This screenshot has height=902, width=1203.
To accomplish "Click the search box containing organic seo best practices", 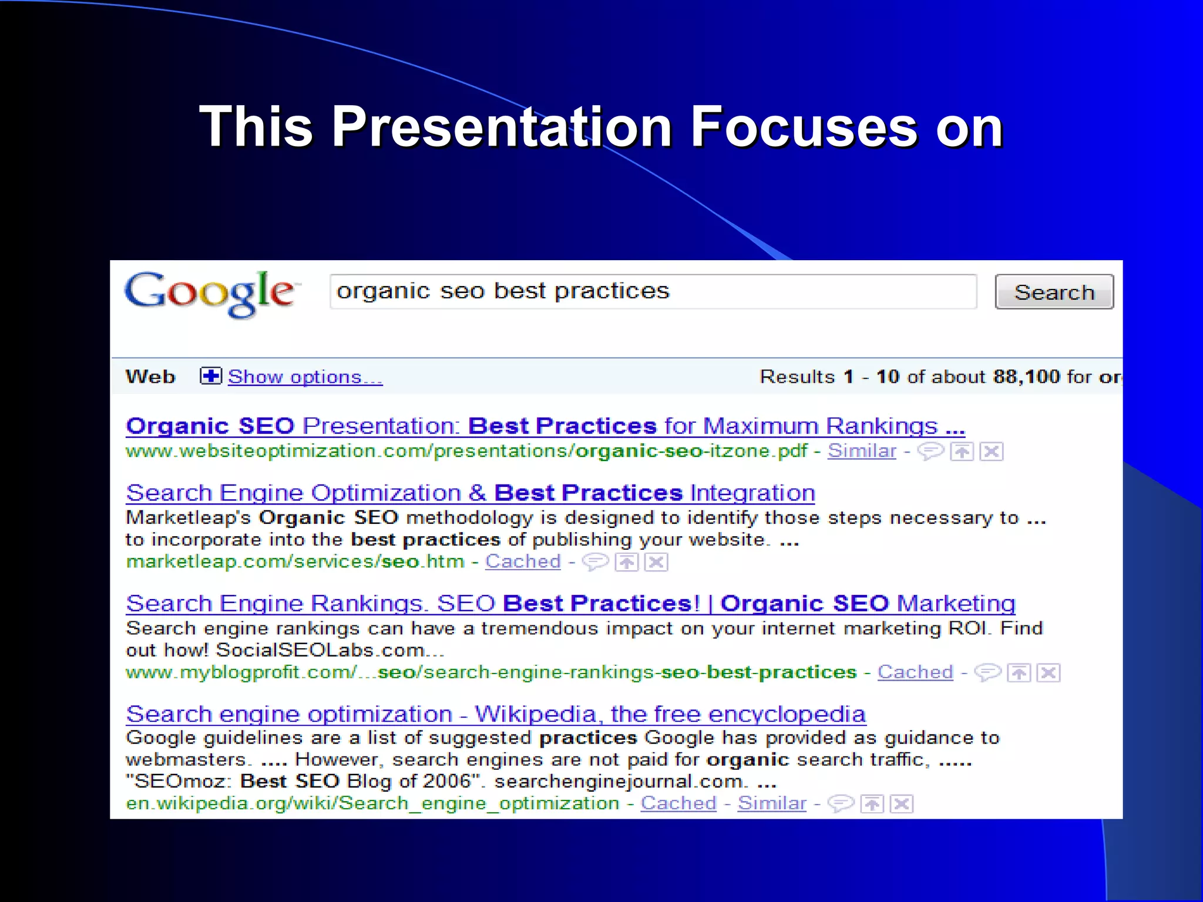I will (652, 291).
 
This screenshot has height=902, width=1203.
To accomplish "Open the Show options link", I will (305, 377).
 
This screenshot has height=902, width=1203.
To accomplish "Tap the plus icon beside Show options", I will (211, 376).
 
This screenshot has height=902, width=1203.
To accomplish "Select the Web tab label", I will (150, 376).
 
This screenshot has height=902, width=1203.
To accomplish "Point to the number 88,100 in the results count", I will (1026, 376).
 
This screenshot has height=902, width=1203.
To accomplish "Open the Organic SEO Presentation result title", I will (545, 426).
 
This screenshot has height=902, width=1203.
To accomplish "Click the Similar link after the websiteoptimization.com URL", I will (862, 451).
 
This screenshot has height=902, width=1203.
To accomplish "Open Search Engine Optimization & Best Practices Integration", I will (470, 493).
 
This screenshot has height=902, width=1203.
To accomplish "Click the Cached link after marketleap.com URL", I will (523, 561).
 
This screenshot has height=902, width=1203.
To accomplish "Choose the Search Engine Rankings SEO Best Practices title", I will (570, 604).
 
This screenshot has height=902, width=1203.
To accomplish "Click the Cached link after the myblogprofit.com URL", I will (915, 672).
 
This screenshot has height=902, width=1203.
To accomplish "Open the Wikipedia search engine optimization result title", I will (496, 714).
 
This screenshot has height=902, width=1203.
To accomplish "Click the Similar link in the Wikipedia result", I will (772, 803).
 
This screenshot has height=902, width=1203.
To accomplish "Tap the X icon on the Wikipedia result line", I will (902, 803).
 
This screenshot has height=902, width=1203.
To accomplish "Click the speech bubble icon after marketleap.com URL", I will (594, 562).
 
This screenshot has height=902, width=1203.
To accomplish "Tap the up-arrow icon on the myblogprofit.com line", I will (1019, 672).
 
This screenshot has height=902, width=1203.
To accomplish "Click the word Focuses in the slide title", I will (803, 127).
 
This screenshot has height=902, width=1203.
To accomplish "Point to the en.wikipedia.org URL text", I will (372, 803).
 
